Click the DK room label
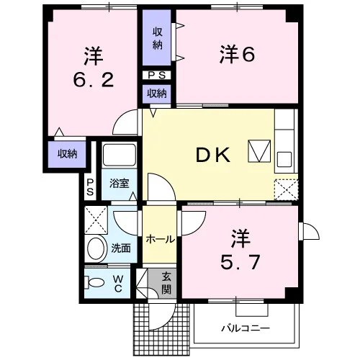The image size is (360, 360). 213,155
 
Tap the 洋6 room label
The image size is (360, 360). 237,54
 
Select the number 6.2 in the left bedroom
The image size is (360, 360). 94,80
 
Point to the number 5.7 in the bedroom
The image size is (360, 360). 240,262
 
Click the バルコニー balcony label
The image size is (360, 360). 246,328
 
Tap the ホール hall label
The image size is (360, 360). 160,239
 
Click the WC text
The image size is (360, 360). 118,284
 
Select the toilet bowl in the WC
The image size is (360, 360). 94,282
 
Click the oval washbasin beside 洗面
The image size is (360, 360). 96,248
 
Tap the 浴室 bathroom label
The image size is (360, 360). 120,184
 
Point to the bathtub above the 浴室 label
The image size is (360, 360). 120,155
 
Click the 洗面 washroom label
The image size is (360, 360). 121,248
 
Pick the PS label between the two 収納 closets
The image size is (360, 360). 157,76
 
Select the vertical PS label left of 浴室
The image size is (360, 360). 90,187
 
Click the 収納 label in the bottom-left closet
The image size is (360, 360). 67,154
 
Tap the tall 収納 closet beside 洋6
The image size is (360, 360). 157,37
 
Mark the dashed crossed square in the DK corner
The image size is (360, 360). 286,189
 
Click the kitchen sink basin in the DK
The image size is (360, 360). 284,160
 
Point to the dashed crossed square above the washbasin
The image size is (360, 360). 96,220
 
